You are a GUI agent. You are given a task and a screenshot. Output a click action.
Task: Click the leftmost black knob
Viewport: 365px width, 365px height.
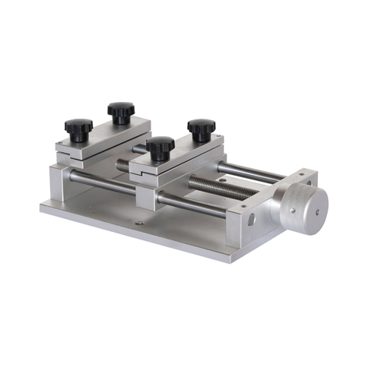[78, 126]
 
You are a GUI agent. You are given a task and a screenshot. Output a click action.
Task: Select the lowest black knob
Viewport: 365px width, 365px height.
[160, 147]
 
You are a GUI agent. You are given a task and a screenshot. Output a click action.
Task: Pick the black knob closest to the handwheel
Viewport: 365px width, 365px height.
[201, 128]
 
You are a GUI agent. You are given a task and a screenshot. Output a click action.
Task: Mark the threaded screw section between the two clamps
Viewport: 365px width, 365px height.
[122, 163]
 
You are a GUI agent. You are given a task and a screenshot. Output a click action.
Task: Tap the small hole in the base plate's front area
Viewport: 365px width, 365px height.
[138, 224]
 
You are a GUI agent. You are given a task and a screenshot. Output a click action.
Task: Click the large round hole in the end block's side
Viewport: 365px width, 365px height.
[252, 221]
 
